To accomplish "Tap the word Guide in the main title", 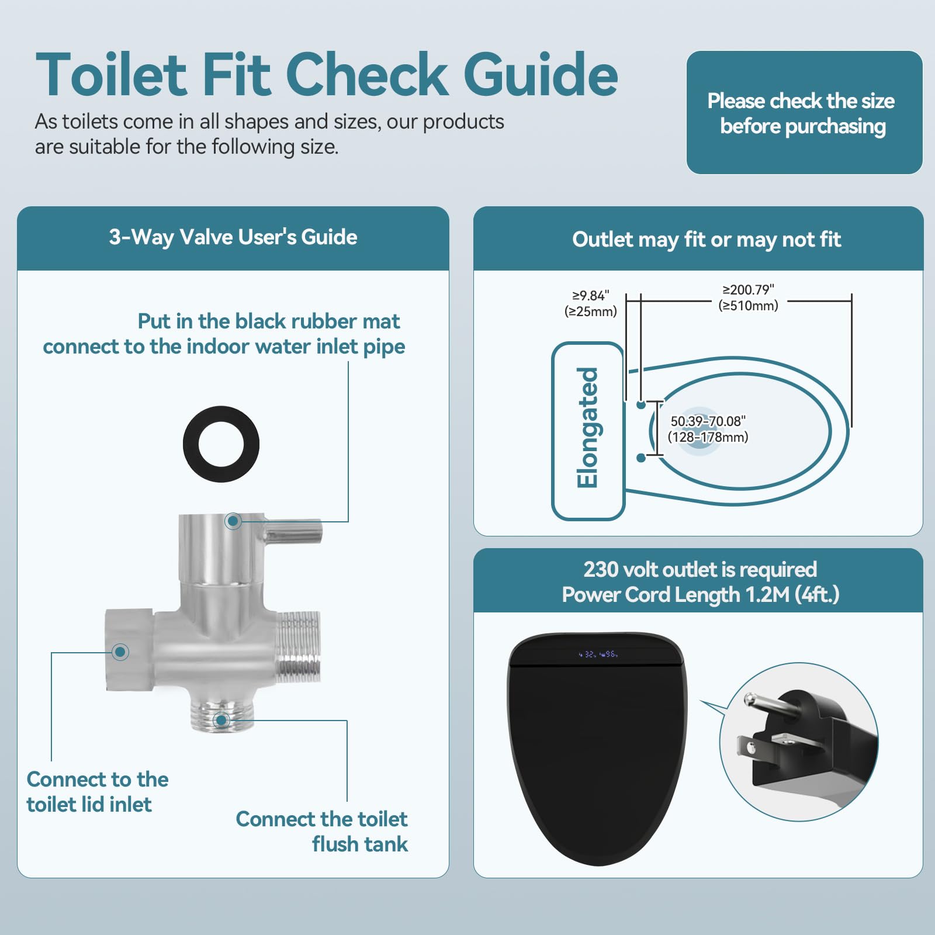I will (x=541, y=74).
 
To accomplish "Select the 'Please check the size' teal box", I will (x=804, y=112).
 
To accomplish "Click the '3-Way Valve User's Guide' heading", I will (x=233, y=237).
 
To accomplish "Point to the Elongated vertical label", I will (x=588, y=428).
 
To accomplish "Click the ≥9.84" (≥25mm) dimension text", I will (x=590, y=303).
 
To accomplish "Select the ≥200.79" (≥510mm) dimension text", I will (x=748, y=297).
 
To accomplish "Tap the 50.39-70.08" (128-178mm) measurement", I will (x=708, y=429).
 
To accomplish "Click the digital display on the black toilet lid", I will (x=598, y=654).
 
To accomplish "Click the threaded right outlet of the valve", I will (x=298, y=647).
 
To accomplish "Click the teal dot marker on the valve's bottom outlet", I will (x=221, y=721).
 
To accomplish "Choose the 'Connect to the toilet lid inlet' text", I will (x=97, y=792).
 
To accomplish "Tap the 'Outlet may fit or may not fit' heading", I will (x=706, y=240).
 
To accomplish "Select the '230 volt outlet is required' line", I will (x=699, y=569).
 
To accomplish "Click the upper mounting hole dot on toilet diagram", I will (x=641, y=404).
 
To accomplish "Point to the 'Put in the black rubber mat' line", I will (x=268, y=321).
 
